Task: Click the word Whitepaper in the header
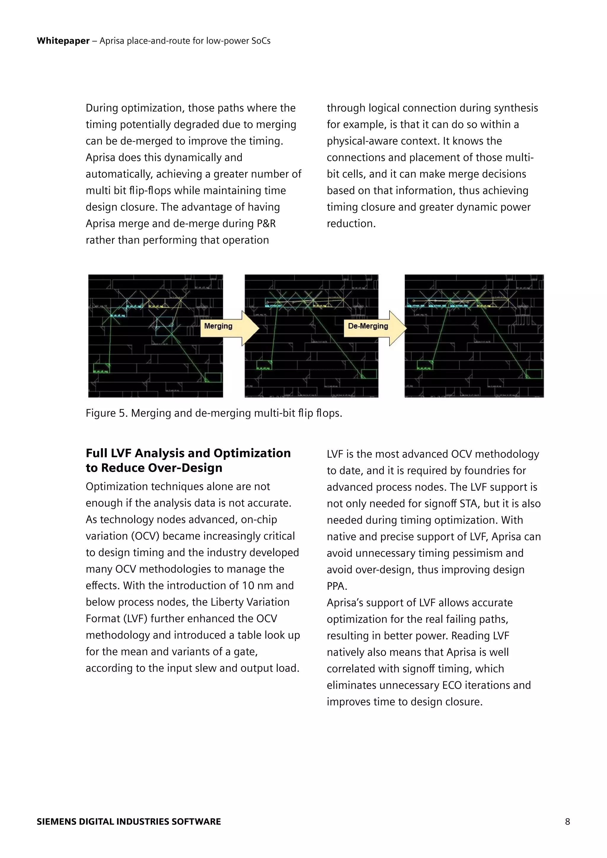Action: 63,41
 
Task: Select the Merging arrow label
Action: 218,326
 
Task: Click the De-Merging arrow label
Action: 368,326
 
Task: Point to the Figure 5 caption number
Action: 122,413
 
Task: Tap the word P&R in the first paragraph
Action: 266,223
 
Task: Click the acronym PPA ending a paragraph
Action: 336,586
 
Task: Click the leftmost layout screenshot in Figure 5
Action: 156,336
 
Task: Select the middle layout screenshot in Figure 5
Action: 311,336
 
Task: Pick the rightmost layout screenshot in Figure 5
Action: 474,336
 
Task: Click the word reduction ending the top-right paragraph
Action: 351,223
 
